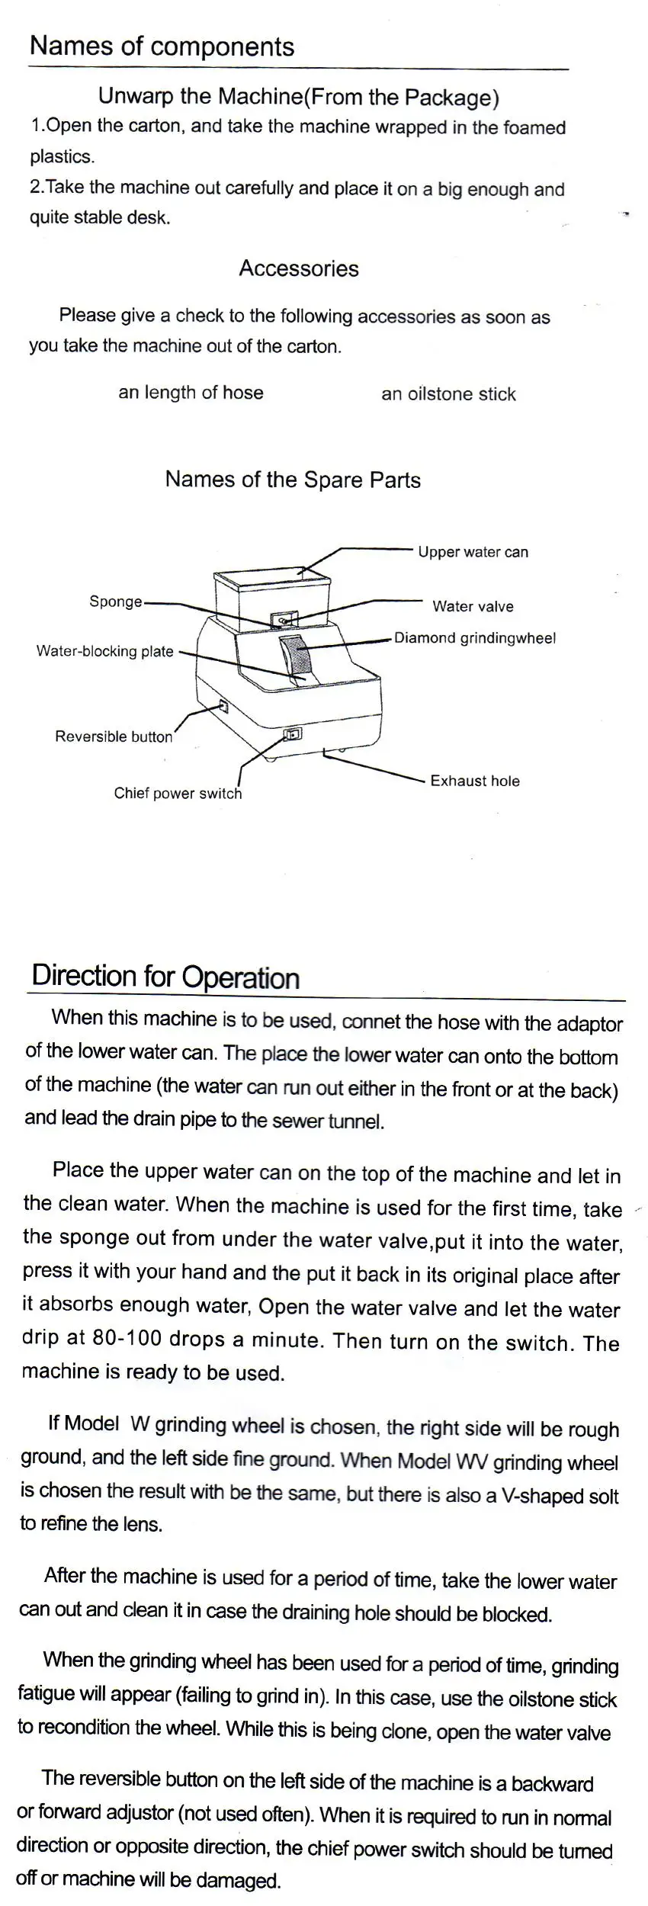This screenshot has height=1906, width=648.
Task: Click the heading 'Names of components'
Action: [x=162, y=47]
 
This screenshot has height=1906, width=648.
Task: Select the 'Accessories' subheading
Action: [x=299, y=268]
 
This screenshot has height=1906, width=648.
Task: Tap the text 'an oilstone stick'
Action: [x=448, y=394]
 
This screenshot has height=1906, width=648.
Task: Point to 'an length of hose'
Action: [x=191, y=393]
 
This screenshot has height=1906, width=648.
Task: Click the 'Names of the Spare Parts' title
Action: [x=293, y=480]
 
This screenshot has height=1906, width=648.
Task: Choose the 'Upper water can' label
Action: [x=473, y=552]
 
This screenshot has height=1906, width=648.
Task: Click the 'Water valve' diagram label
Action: [x=473, y=606]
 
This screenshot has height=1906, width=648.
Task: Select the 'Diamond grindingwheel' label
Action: [x=475, y=637]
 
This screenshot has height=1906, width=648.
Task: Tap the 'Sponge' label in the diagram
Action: [x=116, y=602]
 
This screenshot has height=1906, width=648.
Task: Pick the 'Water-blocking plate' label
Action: [x=105, y=651]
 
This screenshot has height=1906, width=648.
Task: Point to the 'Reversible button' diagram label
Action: [x=114, y=736]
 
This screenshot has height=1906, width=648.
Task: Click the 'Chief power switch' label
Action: [x=178, y=793]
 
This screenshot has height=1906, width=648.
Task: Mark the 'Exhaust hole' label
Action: [x=475, y=781]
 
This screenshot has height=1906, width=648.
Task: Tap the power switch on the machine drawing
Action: [x=293, y=735]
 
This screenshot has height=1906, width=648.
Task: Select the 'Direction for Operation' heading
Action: [x=165, y=977]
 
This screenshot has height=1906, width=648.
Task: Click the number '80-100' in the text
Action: [x=121, y=1339]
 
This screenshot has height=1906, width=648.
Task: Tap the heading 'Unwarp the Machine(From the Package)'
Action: [x=299, y=97]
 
